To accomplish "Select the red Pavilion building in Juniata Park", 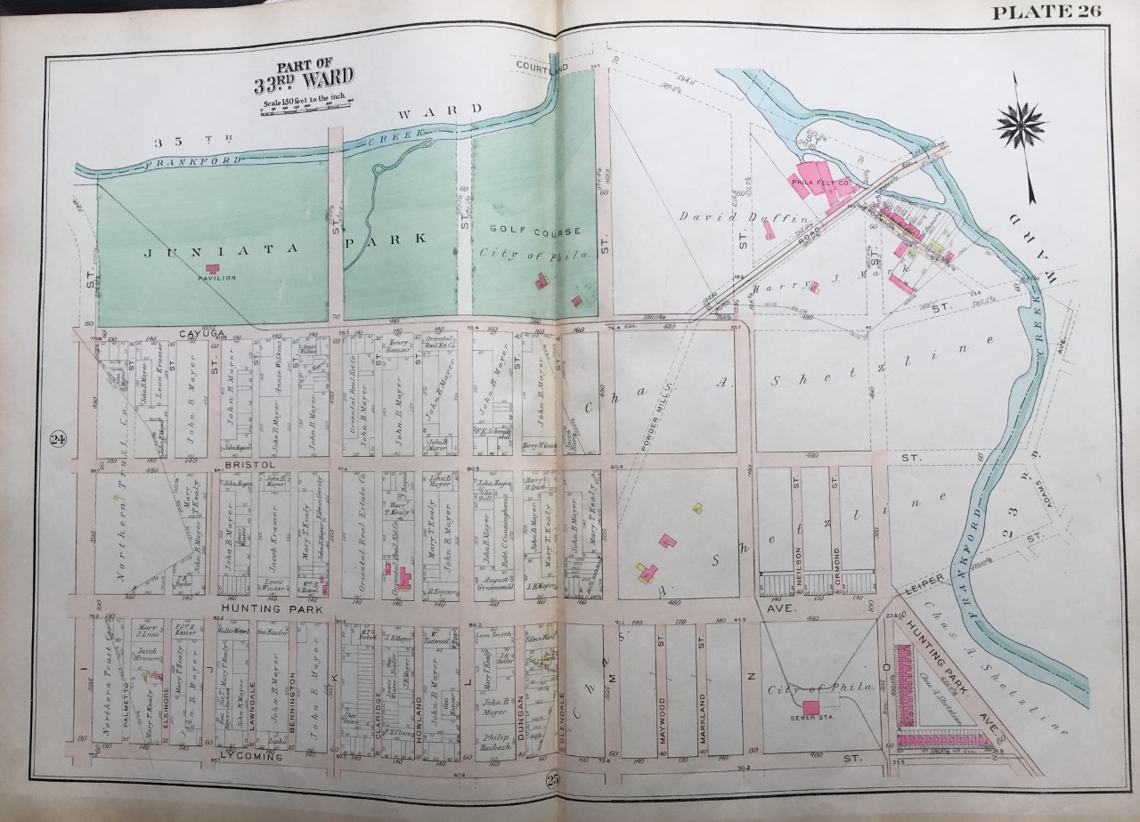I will coord(212,267).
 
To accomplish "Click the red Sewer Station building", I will coord(811,706).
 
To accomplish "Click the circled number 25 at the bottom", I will coord(555,782).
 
